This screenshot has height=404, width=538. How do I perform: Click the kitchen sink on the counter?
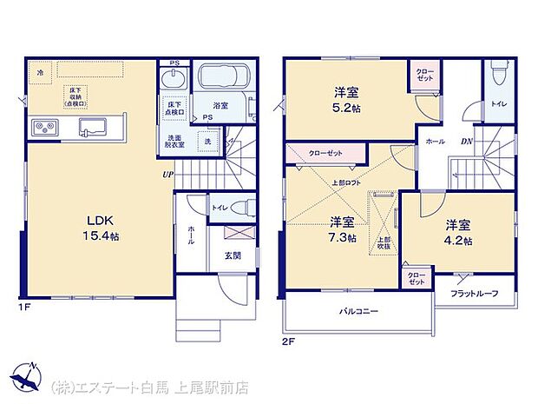click(x=91, y=129)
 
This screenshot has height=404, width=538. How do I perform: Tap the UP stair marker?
click(x=165, y=173)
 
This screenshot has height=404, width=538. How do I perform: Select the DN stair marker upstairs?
click(x=466, y=141)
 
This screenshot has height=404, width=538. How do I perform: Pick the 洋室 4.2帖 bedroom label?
click(x=458, y=231)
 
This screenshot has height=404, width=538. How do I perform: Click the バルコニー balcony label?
click(x=358, y=310)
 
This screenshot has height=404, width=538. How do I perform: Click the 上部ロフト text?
click(x=346, y=183)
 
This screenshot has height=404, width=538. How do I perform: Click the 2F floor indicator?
click(x=289, y=341)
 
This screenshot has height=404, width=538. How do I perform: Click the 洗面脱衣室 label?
click(x=170, y=141)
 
